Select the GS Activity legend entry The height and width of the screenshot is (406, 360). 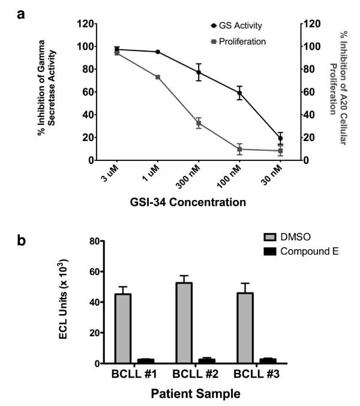[x=236, y=26]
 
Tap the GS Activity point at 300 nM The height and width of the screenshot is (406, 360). [x=199, y=72]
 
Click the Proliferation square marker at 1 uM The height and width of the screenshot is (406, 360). [x=158, y=77]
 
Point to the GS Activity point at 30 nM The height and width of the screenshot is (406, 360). [x=280, y=138]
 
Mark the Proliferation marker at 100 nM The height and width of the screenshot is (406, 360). [x=239, y=149]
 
